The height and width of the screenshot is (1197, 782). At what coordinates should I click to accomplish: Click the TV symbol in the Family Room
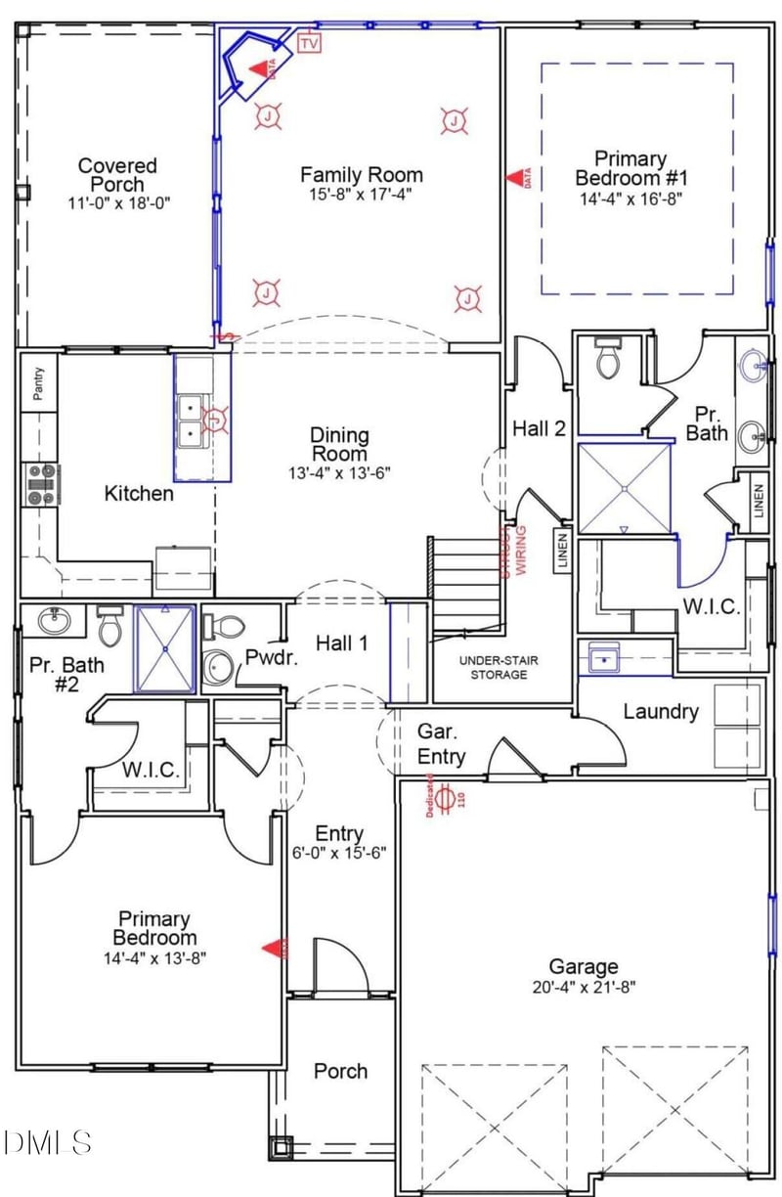click(310, 43)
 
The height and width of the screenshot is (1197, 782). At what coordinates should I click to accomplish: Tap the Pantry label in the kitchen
click(39, 383)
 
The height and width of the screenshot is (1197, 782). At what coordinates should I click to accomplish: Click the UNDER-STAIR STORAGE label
click(499, 667)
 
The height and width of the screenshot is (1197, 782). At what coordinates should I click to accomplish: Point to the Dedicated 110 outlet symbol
click(445, 798)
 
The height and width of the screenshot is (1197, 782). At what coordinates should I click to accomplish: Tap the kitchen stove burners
click(39, 484)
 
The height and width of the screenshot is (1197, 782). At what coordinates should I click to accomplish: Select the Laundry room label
click(661, 711)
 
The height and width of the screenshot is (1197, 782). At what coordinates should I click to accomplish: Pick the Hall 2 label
click(539, 427)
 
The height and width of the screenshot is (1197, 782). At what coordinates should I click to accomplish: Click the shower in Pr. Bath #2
click(164, 648)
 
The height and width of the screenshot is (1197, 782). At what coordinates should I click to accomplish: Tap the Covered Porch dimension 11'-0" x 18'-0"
click(117, 202)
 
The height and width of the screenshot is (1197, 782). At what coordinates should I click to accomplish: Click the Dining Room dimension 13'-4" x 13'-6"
click(339, 473)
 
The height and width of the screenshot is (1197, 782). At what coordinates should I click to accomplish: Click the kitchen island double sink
click(190, 420)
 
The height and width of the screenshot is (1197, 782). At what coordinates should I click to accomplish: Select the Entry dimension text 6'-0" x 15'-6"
click(339, 852)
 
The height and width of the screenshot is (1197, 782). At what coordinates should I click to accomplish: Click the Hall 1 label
click(341, 643)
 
